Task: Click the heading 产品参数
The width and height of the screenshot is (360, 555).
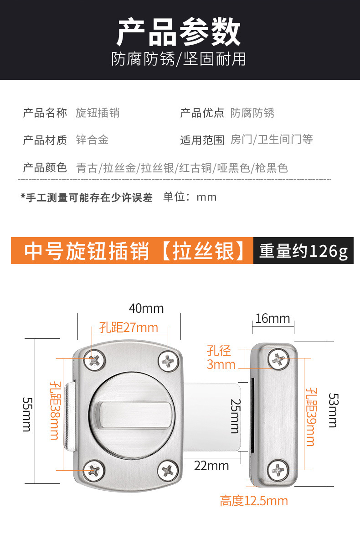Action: pyautogui.click(x=179, y=32)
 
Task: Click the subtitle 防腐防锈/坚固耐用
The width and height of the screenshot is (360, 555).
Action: pyautogui.click(x=179, y=59)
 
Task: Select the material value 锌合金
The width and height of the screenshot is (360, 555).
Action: pyautogui.click(x=92, y=140)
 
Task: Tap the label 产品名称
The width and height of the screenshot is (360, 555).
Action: pyautogui.click(x=45, y=113)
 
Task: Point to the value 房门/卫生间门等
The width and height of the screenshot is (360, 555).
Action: pyautogui.click(x=272, y=140)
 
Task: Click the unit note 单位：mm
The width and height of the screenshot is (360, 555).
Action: pyautogui.click(x=190, y=197)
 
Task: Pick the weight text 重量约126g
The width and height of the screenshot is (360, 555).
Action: pyautogui.click(x=303, y=251)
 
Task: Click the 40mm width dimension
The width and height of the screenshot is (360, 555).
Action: pyautogui.click(x=146, y=309)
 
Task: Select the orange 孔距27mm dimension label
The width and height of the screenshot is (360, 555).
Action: pyautogui.click(x=129, y=327)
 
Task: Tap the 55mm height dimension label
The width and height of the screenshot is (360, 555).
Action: pyautogui.click(x=27, y=414)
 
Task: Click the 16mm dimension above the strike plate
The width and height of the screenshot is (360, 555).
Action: pyautogui.click(x=273, y=319)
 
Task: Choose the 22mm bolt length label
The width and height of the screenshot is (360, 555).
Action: pyautogui.click(x=211, y=466)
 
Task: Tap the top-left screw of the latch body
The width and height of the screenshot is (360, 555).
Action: pyautogui.click(x=94, y=360)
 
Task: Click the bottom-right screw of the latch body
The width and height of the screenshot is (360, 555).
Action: pyautogui.click(x=168, y=470)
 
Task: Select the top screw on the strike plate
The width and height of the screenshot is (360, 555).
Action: pyautogui.click(x=278, y=358)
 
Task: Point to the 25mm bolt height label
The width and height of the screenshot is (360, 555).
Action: pyautogui.click(x=236, y=416)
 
